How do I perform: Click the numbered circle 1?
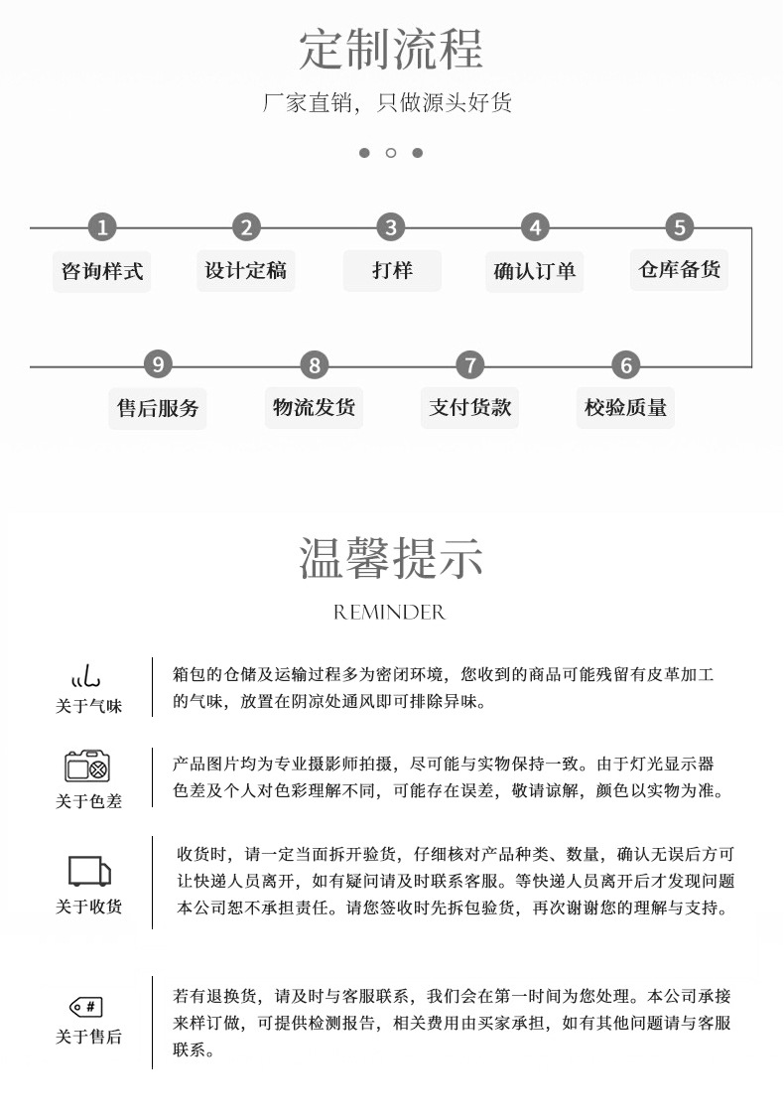101,227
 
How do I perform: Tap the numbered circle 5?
679,227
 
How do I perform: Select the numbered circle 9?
158,364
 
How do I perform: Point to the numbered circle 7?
469,364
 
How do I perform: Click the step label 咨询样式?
101,271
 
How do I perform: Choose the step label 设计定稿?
245,270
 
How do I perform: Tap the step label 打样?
392,270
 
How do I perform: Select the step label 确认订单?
535,271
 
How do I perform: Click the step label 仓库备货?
679,269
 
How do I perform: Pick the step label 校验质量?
625,407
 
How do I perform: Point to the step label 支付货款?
469,407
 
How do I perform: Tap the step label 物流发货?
314,407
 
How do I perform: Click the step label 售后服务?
158,408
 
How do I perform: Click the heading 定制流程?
391,49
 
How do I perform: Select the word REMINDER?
390,613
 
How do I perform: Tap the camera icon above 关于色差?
87,767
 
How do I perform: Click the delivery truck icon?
88,871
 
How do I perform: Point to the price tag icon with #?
86,1007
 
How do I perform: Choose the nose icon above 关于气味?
86,678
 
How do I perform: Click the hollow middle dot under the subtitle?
391,153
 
